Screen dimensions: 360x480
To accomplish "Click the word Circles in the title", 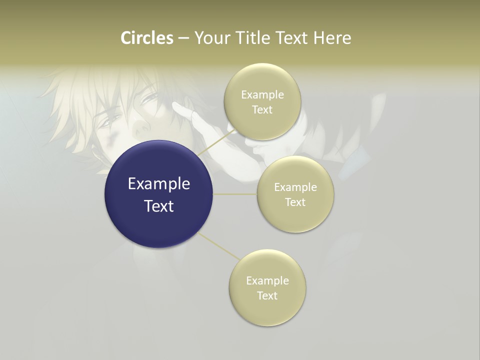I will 147,38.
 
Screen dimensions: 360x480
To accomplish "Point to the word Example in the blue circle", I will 159,184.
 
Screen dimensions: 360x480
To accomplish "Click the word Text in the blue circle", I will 159,206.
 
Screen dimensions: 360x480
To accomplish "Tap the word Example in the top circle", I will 262,95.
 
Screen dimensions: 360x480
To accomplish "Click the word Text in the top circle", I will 262,109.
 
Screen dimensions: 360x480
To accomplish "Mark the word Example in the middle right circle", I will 295,187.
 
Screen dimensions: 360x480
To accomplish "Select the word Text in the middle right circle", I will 295,202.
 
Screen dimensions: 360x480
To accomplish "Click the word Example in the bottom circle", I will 267,281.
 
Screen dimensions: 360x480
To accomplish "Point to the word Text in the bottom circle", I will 267,295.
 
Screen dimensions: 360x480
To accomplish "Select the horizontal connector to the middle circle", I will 235,194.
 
